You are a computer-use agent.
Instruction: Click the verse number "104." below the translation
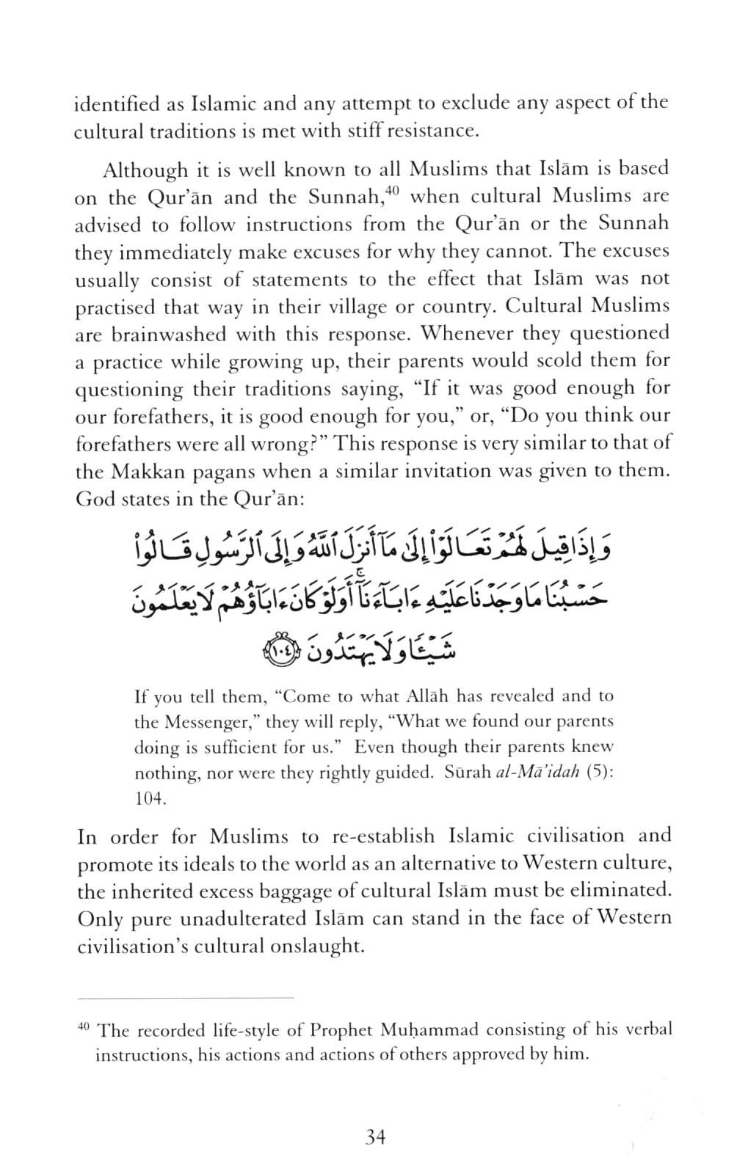click(150, 800)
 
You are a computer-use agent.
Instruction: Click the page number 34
click(374, 1138)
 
